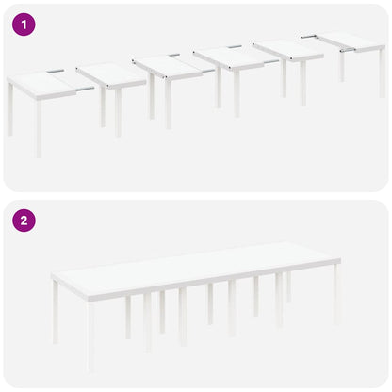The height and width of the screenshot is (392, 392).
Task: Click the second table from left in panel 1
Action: click(x=111, y=74)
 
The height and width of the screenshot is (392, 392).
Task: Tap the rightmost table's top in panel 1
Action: click(x=350, y=41)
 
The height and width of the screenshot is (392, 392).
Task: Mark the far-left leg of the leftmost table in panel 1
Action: click(x=10, y=108)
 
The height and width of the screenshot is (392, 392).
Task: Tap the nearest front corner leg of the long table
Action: click(x=90, y=335)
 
